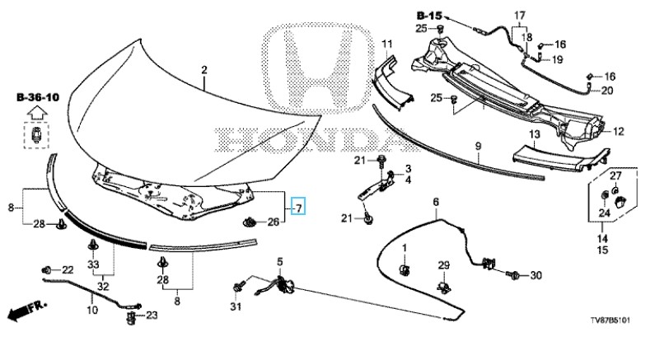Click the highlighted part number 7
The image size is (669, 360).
click(x=299, y=205)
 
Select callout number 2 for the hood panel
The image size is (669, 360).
click(x=204, y=72)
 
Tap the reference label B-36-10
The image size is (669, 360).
click(x=38, y=97)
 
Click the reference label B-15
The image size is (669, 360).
click(x=429, y=15)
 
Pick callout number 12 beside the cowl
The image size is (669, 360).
click(x=619, y=130)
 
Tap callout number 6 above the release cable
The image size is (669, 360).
click(x=436, y=202)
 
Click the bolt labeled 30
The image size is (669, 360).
click(x=512, y=276)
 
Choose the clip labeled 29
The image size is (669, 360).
click(x=445, y=285)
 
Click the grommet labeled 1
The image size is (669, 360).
click(x=405, y=269)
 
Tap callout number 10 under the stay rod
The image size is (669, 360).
click(x=92, y=311)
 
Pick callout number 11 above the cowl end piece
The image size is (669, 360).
click(x=387, y=43)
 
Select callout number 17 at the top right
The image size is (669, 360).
click(x=520, y=16)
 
